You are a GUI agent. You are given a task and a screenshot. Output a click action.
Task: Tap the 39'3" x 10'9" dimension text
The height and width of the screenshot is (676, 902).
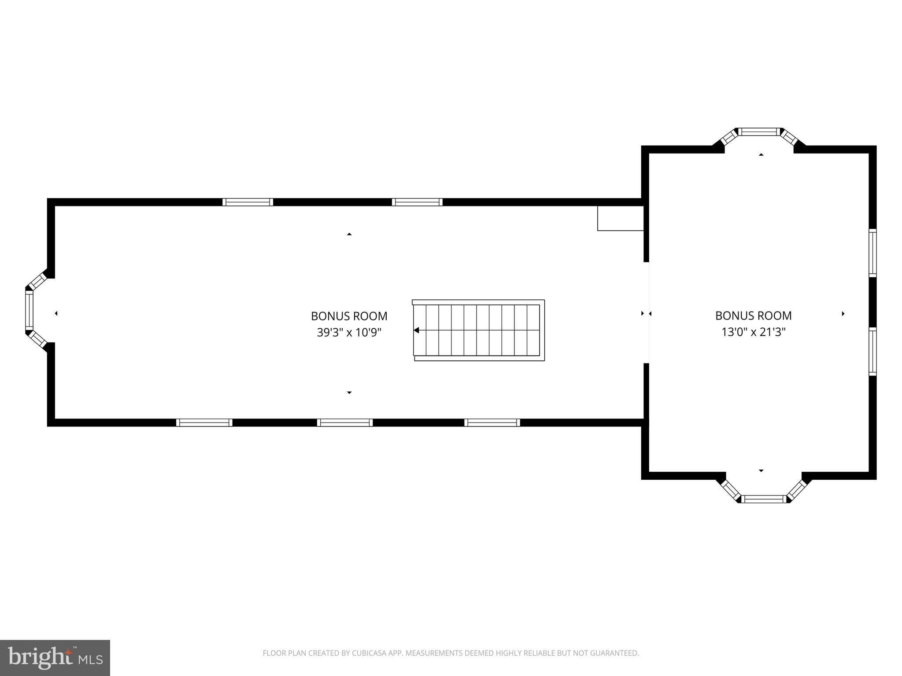point(349,332)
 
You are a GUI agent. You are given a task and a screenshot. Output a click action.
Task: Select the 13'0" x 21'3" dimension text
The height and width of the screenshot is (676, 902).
point(753,332)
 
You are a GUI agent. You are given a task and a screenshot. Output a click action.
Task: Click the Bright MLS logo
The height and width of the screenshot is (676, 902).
point(55,658)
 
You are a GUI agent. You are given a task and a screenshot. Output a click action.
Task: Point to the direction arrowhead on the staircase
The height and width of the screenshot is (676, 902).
point(416,330)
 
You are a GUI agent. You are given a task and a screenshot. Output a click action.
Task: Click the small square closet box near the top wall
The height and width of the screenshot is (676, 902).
point(620,218)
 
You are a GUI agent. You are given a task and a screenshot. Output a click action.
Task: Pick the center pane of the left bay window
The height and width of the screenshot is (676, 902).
point(29,311)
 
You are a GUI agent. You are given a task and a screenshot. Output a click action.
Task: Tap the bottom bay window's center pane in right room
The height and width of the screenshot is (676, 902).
point(764,499)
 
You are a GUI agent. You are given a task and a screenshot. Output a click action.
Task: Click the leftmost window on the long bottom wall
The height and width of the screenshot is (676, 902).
point(204,422)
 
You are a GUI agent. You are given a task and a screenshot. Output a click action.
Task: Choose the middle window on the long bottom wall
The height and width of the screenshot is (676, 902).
point(345,422)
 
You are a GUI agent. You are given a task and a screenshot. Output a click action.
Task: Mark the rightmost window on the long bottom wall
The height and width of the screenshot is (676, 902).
point(492,422)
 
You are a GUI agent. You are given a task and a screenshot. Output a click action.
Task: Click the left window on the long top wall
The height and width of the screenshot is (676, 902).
point(248,202)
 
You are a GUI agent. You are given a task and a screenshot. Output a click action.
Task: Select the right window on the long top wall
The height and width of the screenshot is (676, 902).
point(417,202)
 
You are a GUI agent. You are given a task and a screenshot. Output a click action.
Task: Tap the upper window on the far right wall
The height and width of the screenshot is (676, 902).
point(872,253)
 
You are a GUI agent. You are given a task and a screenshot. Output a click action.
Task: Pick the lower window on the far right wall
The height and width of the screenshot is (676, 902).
point(872,351)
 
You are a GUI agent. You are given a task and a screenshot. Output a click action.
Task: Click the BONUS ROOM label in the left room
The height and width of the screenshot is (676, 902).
point(349,316)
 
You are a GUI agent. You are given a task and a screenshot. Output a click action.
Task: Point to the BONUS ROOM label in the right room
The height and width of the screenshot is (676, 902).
point(753,316)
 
